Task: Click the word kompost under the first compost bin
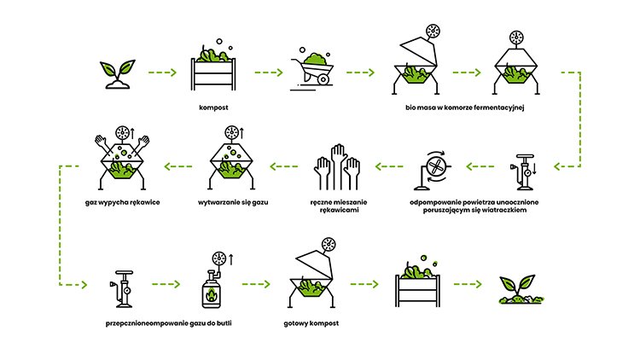click(x=213, y=107)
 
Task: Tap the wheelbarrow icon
click(x=312, y=69)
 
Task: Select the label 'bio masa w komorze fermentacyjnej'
click(x=464, y=107)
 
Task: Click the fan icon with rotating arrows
click(x=433, y=171)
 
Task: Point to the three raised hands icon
click(x=337, y=167)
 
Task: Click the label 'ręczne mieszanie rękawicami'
click(x=339, y=206)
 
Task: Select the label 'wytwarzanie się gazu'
click(x=233, y=202)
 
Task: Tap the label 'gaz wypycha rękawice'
click(x=122, y=202)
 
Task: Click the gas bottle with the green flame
click(x=212, y=289)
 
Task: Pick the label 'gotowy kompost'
click(x=311, y=323)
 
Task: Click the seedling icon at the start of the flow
click(x=118, y=74)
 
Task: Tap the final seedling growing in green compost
click(x=521, y=289)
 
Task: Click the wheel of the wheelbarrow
click(x=323, y=78)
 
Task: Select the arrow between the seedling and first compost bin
click(x=162, y=73)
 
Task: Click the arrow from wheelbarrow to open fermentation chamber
click(x=360, y=73)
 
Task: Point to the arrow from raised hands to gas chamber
click(x=284, y=166)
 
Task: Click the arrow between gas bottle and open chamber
click(x=256, y=284)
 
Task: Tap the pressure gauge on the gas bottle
click(x=219, y=258)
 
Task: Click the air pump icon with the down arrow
click(x=523, y=171)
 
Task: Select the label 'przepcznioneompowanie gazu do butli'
click(x=169, y=323)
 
